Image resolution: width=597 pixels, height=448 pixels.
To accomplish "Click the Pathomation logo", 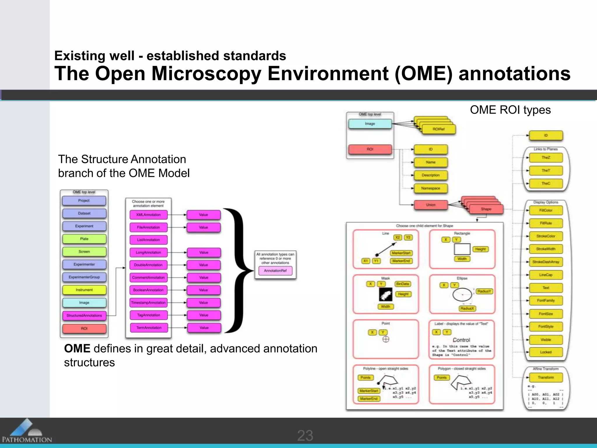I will point(27,431).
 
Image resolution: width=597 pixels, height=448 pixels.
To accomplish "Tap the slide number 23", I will point(305,435).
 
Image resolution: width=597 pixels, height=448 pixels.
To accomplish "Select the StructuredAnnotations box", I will point(84,316).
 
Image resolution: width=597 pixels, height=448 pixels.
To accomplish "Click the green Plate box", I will point(84,239).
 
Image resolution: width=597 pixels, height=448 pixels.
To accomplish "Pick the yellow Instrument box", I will point(84,290).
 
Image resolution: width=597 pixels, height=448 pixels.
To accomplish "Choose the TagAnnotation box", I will point(149,315).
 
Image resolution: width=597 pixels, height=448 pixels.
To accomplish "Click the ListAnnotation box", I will point(149,240).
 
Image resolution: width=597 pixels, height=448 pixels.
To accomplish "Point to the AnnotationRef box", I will point(275,271).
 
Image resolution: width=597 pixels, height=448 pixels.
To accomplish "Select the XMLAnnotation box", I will point(149,215).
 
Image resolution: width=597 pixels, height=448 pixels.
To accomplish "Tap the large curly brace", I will point(238,270).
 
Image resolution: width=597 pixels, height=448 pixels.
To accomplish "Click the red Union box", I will point(431,205).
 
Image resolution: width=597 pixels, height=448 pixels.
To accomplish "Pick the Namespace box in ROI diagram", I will point(431,188).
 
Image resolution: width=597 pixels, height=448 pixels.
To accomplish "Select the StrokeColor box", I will point(546,236).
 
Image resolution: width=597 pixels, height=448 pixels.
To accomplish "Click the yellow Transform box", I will point(546,377).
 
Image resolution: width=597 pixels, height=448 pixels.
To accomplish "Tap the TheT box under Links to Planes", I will point(546,171).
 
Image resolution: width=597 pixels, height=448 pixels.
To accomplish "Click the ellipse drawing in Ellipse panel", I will point(462,295).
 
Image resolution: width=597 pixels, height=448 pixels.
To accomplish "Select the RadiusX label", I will point(467,309).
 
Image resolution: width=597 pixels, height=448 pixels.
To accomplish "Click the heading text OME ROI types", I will point(510,110).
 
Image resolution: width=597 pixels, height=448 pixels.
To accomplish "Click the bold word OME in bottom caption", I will point(77,349).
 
